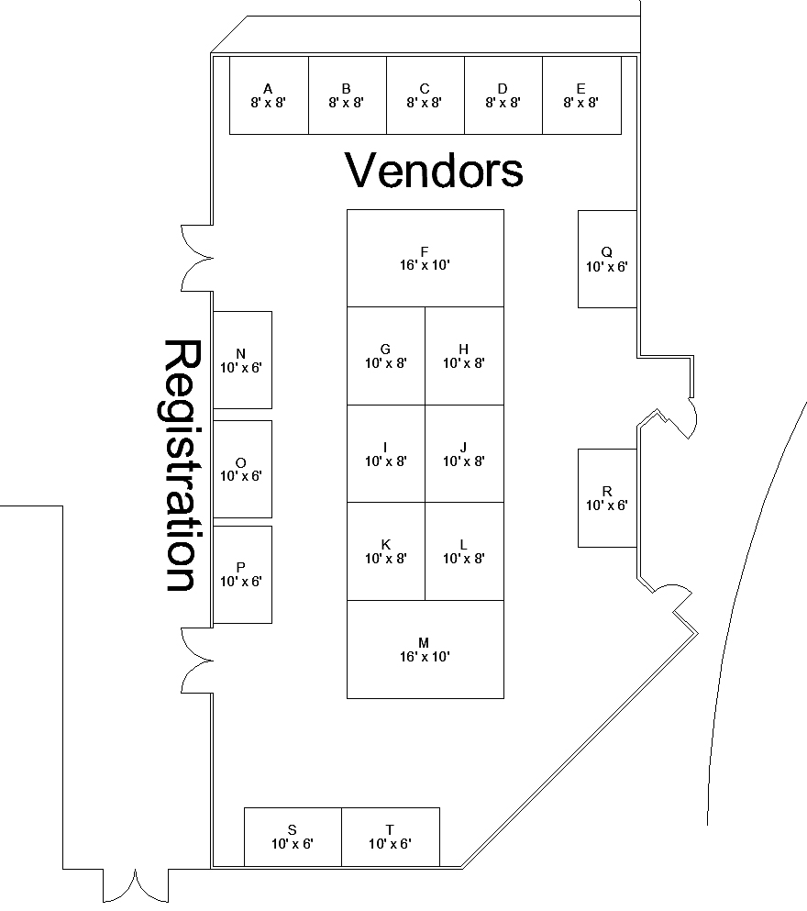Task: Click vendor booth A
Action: tap(268, 95)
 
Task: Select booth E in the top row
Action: tap(581, 95)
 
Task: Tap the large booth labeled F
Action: tap(425, 258)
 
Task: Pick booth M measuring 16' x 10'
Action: tap(425, 649)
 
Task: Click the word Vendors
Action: tap(434, 171)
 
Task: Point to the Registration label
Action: tap(181, 465)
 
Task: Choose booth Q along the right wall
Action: tap(606, 259)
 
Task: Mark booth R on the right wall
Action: tap(606, 497)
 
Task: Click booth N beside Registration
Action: tap(242, 360)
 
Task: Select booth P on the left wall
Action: tap(242, 574)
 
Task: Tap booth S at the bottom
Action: tap(293, 837)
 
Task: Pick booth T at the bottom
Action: tap(390, 837)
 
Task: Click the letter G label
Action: tap(385, 349)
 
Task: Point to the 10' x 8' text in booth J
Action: tap(464, 461)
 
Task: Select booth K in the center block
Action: tap(385, 550)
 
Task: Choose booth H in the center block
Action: tap(464, 356)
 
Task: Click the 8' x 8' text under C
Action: tap(425, 103)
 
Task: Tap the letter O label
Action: tap(240, 462)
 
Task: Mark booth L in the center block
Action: tap(464, 550)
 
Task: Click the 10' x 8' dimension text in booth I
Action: tap(385, 461)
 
